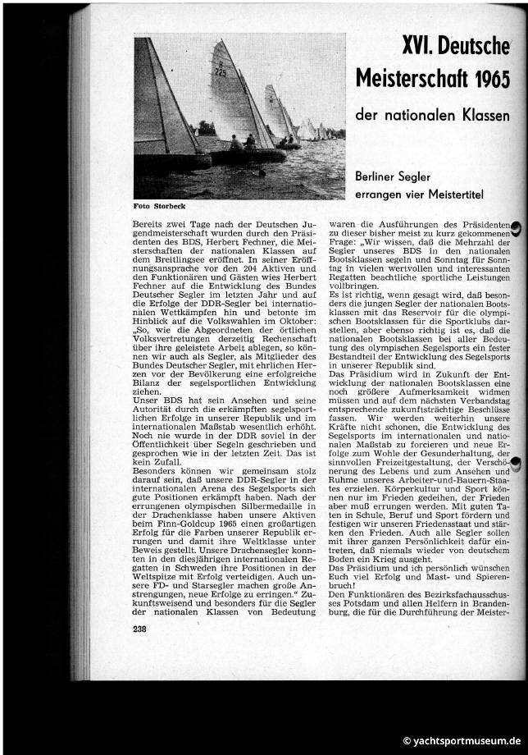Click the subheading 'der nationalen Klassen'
click(x=432, y=116)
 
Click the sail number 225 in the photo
click(x=220, y=73)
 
